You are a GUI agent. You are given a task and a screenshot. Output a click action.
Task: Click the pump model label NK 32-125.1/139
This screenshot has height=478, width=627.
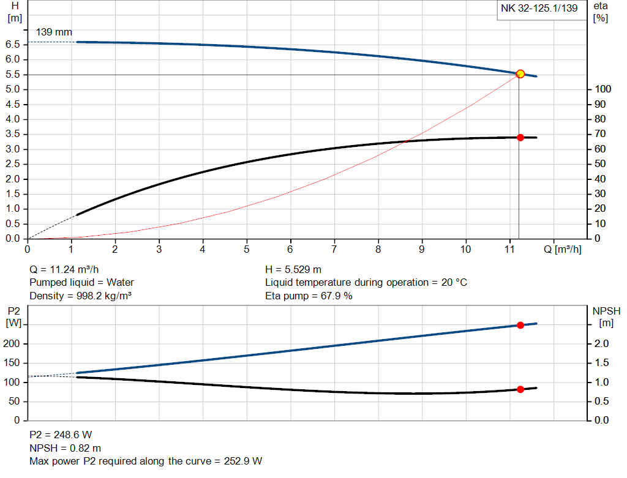point(539,9)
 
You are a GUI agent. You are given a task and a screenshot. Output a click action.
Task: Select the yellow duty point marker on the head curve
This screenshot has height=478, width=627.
point(520,74)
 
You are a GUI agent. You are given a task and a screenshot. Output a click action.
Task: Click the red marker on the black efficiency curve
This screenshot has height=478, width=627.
point(520,137)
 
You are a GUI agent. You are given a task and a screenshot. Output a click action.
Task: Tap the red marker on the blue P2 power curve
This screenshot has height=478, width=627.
point(520,325)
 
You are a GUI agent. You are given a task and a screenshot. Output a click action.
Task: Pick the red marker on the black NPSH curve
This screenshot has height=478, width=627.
point(520,389)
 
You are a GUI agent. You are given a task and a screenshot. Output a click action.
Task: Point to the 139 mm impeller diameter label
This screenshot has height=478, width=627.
point(54,31)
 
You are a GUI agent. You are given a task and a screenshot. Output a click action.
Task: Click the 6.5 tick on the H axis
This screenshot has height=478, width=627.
point(12,45)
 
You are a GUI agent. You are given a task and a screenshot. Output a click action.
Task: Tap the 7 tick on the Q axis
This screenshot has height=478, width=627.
point(334,249)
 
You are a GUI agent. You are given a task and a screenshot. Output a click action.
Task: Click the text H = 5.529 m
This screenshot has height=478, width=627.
point(293,269)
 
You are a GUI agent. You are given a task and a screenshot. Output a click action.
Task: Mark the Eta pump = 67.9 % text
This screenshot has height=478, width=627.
point(309,296)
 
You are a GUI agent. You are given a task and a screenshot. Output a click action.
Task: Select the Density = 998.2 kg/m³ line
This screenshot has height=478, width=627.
point(81,296)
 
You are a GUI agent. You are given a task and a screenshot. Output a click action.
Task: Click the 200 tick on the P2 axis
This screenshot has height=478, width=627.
point(13,344)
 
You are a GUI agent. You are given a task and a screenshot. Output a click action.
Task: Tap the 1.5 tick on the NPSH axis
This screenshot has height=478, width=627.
point(601,363)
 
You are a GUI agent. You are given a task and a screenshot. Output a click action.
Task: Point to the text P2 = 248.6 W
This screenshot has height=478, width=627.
point(61,435)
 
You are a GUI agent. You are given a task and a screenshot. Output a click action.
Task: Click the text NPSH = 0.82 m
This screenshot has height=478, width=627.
point(66,448)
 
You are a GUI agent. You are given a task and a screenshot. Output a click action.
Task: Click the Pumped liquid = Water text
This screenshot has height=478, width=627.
point(81,283)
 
